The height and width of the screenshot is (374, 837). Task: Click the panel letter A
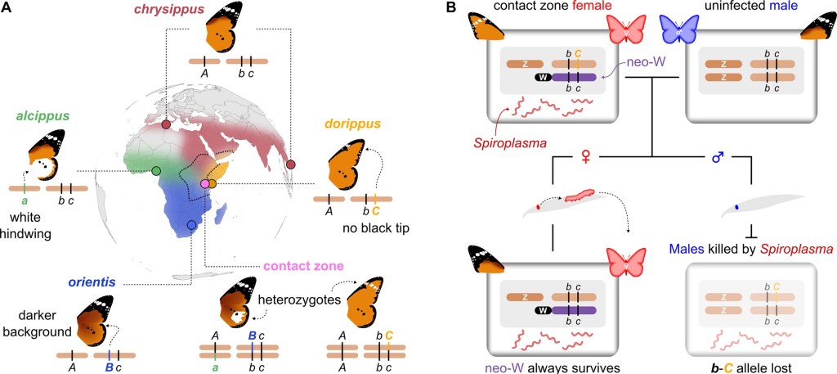(10, 8)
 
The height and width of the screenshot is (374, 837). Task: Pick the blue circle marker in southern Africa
(191, 224)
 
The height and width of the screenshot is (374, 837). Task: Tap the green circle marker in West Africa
(156, 170)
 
